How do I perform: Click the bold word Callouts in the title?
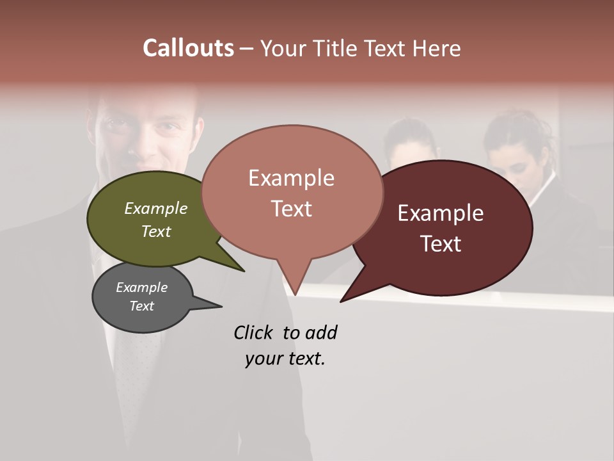(188, 48)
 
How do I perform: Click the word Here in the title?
(436, 48)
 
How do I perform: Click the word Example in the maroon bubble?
(441, 213)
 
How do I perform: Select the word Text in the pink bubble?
(292, 209)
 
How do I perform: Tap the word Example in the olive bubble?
(156, 208)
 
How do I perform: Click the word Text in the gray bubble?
(142, 306)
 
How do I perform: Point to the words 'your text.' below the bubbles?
(285, 359)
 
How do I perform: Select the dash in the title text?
(246, 49)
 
